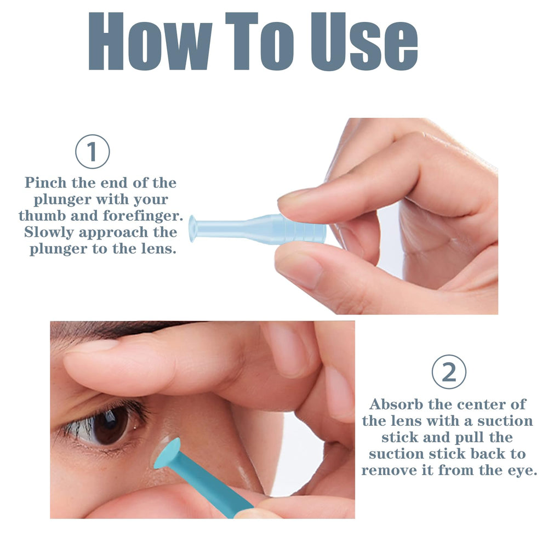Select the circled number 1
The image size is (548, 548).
pyautogui.click(x=92, y=151)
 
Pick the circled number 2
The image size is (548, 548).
pyautogui.click(x=449, y=373)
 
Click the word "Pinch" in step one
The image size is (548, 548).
pyautogui.click(x=48, y=182)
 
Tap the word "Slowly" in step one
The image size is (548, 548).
pyautogui.click(x=49, y=232)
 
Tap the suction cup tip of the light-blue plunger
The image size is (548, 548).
pyautogui.click(x=192, y=228)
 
